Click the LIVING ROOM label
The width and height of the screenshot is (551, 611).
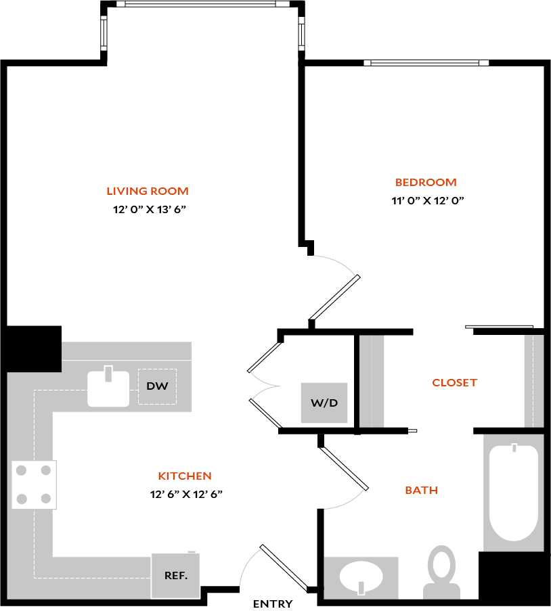[148, 191]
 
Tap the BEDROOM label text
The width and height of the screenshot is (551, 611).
[426, 183]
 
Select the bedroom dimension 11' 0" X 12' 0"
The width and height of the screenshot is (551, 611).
[428, 201]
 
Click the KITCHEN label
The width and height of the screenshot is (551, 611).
[185, 476]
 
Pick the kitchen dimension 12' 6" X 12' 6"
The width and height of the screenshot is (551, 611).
[186, 494]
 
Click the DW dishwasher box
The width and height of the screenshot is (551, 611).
[157, 386]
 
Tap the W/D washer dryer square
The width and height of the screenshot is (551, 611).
[324, 403]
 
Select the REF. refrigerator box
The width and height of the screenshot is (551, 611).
[175, 576]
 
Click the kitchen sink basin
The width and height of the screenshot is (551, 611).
[108, 388]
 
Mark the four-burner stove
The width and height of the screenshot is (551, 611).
[34, 484]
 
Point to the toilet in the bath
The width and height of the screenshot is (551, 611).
[442, 572]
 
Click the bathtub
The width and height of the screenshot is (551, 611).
[514, 493]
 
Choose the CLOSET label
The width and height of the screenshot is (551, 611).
[454, 383]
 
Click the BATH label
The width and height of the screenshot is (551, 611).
[421, 490]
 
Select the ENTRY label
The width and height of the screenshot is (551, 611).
[273, 604]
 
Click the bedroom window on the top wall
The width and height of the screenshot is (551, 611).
[426, 63]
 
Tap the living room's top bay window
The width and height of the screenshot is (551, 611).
[202, 4]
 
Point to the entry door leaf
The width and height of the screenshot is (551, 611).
[284, 567]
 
